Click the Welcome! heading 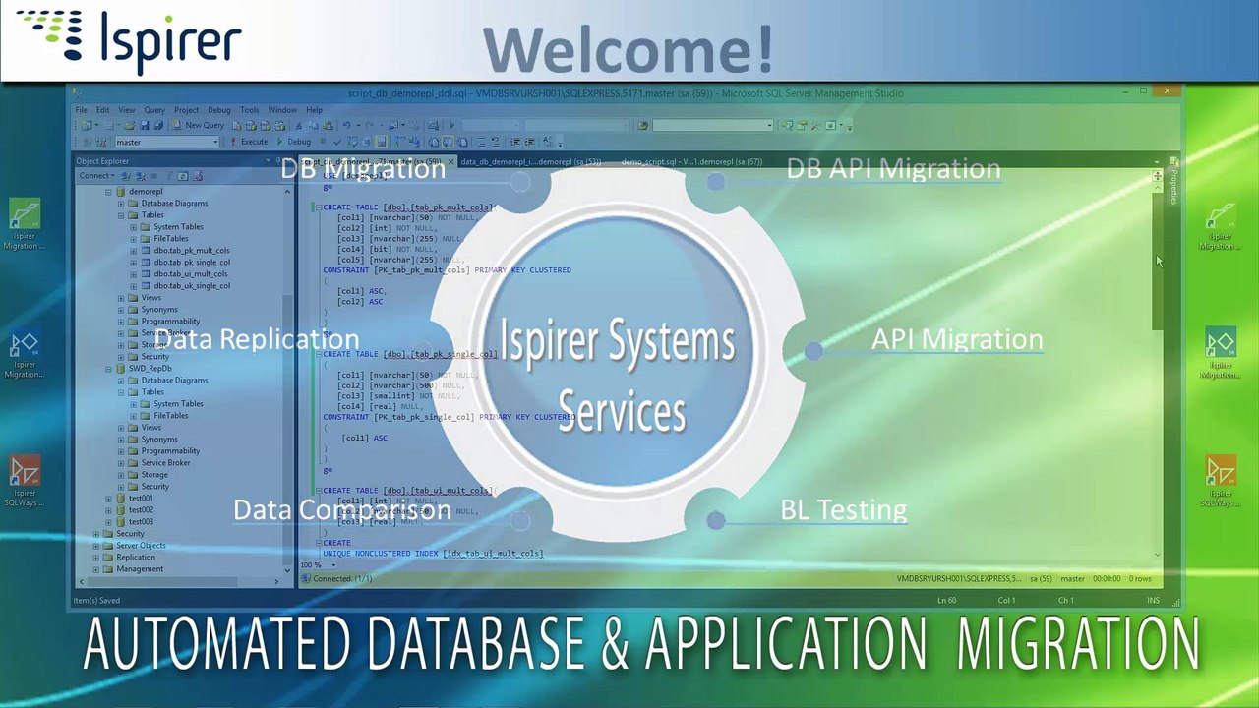tap(628, 49)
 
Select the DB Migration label tap(363, 168)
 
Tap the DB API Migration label tap(893, 168)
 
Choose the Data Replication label tap(257, 339)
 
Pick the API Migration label tap(956, 339)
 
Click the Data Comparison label tap(341, 509)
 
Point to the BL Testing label tap(843, 509)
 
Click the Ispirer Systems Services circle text tap(618, 376)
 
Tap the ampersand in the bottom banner tap(614, 644)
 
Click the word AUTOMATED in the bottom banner tap(216, 644)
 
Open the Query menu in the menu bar tap(154, 110)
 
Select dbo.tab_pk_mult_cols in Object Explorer tap(191, 251)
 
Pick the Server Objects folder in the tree tap(141, 546)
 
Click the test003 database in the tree tap(141, 522)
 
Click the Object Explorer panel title tap(102, 161)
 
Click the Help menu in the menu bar tap(314, 110)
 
